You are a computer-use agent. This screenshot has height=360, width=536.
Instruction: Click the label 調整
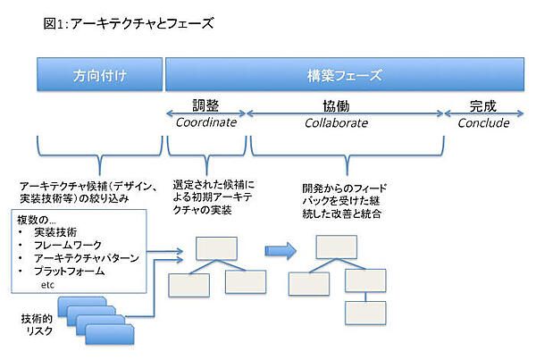[x=207, y=104]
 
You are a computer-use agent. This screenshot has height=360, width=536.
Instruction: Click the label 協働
[x=345, y=104]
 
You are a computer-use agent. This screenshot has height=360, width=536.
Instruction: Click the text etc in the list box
[x=49, y=284]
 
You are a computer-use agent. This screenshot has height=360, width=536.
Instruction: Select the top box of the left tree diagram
[x=216, y=247]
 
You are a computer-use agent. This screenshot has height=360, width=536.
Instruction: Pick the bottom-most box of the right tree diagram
[x=364, y=314]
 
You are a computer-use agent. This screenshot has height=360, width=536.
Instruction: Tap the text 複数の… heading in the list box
[x=38, y=219]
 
